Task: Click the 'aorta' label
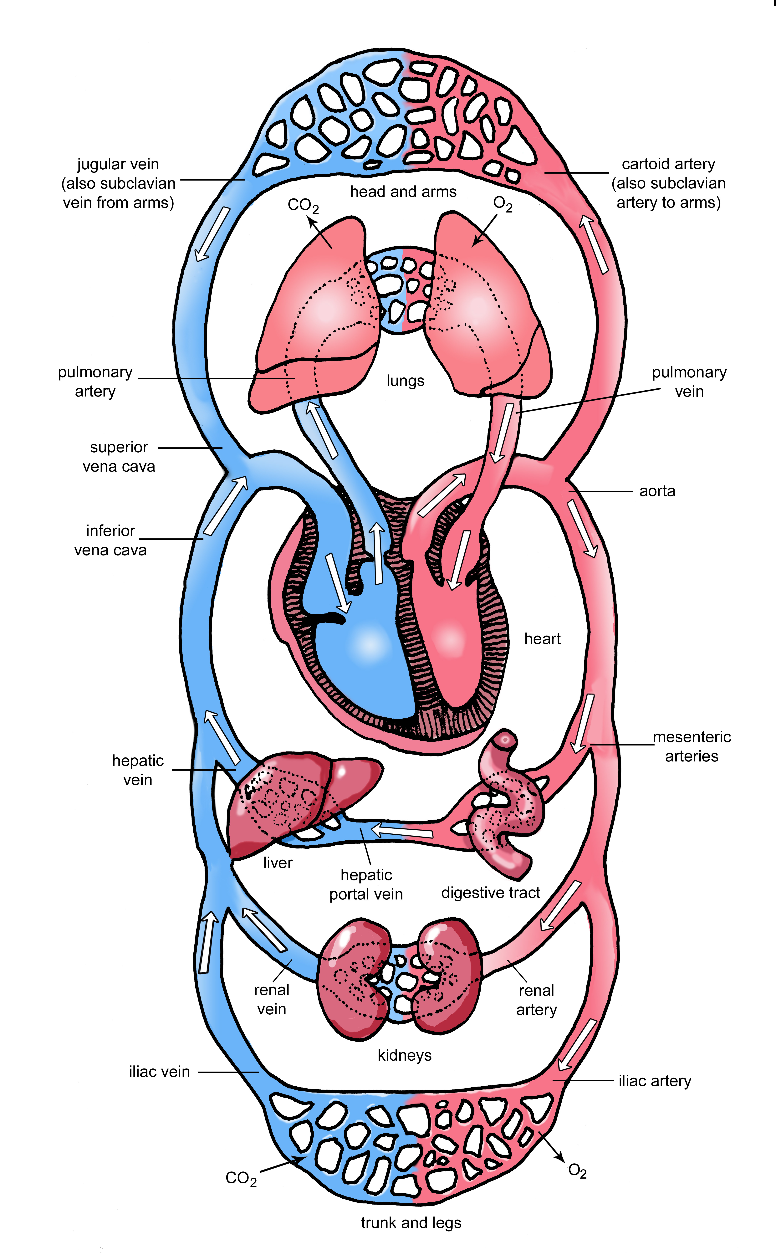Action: (x=657, y=491)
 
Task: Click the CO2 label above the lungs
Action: (x=303, y=205)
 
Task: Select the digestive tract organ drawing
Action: (x=506, y=806)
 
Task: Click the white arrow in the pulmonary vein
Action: (x=502, y=433)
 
